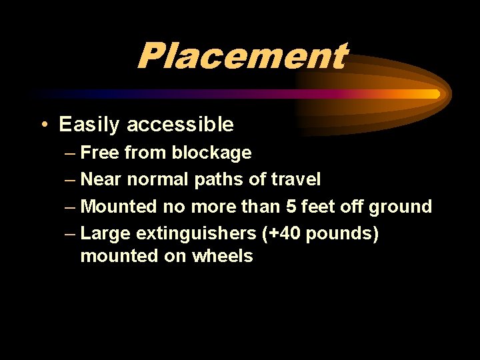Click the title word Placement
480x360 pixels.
point(241,56)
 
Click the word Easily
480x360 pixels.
point(89,125)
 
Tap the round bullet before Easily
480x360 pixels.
point(43,125)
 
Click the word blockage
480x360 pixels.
point(211,153)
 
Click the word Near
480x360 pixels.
point(101,179)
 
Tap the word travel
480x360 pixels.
point(296,179)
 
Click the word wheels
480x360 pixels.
point(223,256)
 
